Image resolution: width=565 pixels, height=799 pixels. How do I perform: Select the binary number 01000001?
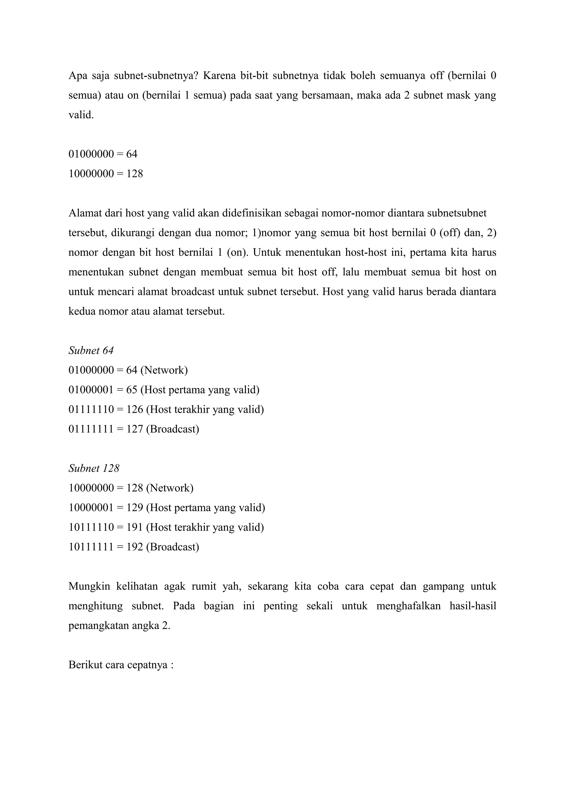[91, 390]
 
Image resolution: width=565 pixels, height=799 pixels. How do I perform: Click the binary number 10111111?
[91, 547]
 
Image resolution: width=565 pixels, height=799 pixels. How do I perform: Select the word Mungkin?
[89, 586]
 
